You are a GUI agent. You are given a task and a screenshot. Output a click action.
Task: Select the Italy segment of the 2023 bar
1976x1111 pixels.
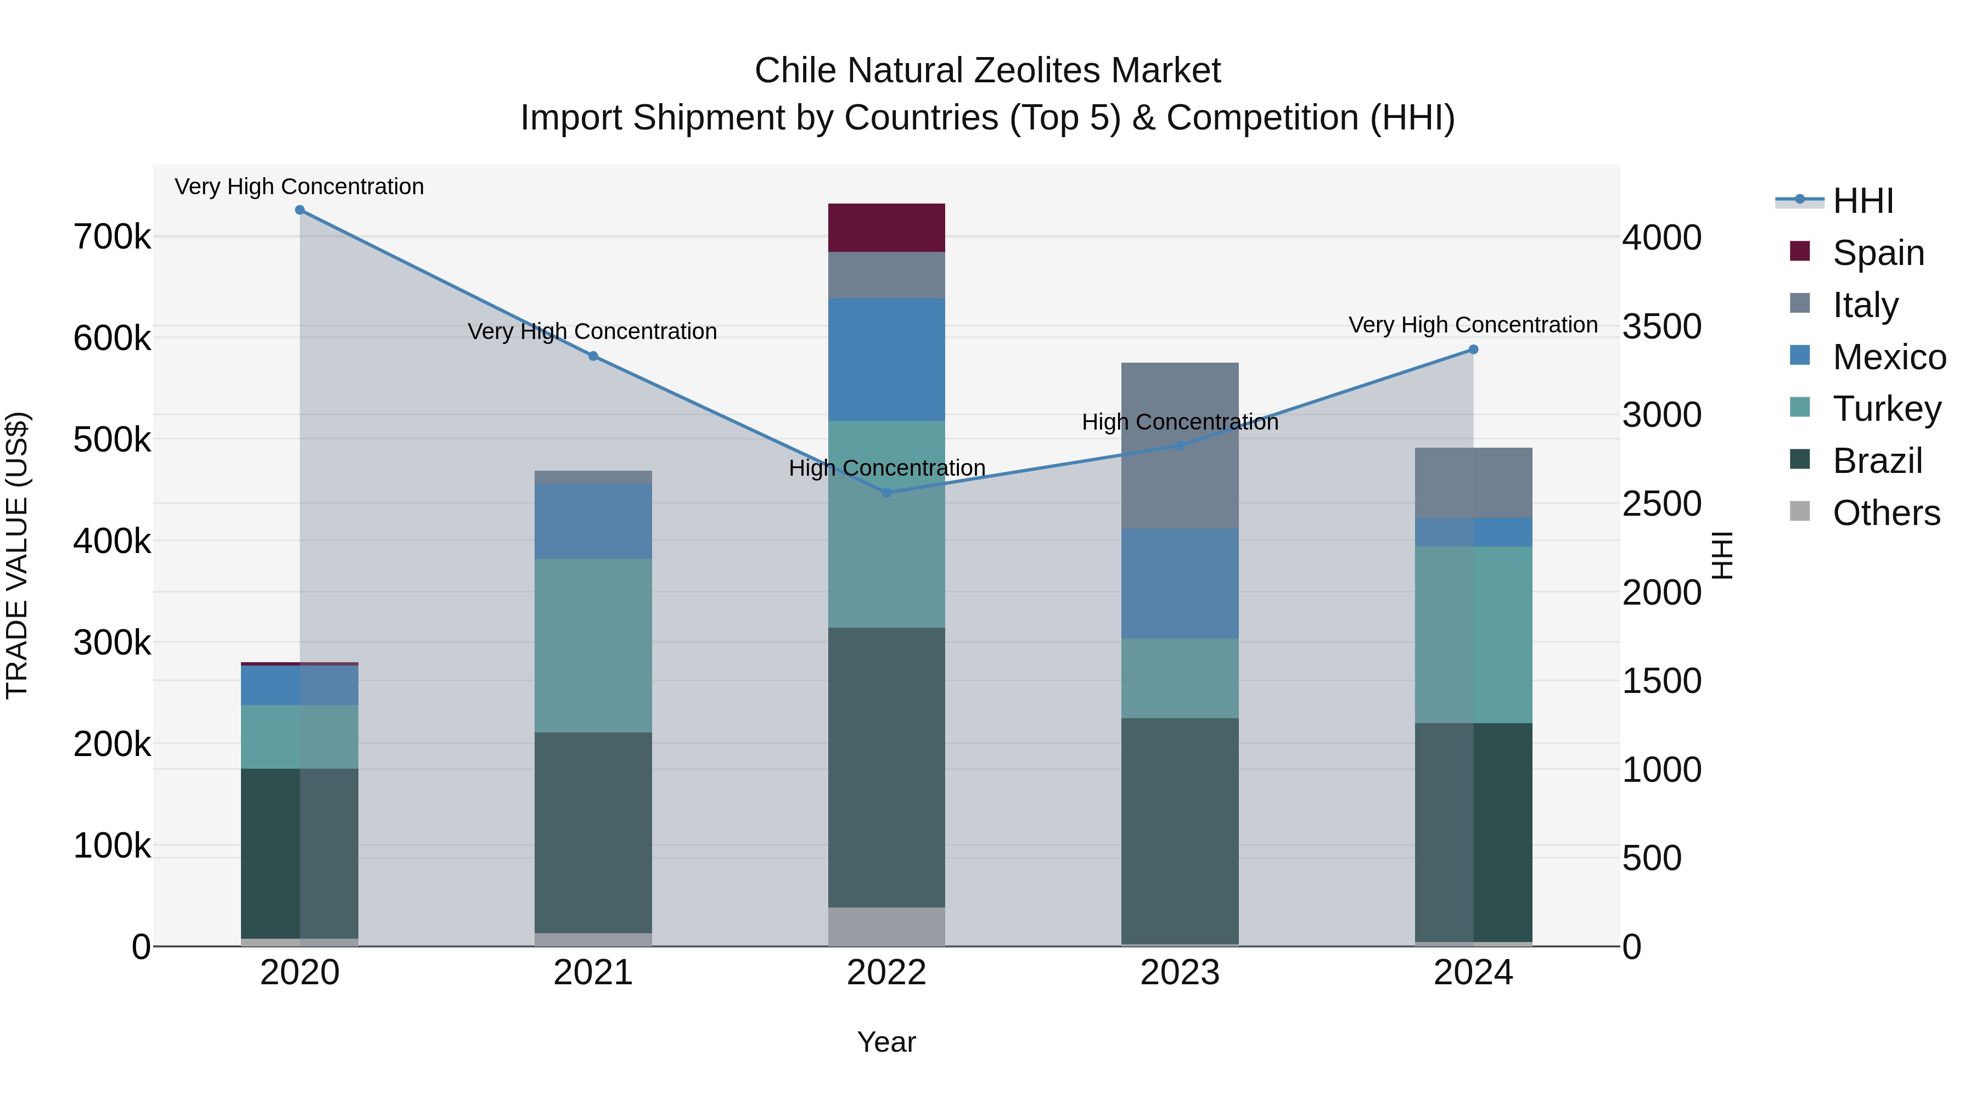[1180, 445]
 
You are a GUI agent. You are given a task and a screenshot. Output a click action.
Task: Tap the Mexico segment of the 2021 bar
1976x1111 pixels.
[593, 521]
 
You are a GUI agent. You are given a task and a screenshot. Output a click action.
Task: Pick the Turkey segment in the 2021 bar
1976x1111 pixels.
[593, 646]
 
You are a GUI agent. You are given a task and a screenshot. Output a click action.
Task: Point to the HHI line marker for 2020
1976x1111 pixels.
[300, 210]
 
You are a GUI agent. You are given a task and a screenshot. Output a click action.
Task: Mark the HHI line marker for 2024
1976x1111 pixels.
[1473, 349]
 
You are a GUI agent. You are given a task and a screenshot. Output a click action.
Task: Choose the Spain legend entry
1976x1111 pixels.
[1878, 253]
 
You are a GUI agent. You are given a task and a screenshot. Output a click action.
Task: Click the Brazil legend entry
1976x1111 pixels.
[1877, 461]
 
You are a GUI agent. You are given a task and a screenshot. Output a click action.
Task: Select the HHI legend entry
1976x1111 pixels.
[1862, 201]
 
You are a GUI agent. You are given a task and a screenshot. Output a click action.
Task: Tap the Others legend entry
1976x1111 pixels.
[1885, 513]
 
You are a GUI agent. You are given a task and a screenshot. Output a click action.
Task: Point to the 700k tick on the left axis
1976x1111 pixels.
[112, 238]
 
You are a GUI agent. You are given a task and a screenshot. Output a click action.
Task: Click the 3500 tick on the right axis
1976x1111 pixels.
[1661, 326]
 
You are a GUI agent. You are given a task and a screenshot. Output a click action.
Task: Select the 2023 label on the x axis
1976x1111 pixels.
[1180, 973]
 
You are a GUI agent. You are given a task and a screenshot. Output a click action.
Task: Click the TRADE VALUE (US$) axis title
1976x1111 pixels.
[17, 555]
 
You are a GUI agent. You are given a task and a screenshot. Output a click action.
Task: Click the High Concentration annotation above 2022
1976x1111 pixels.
[887, 467]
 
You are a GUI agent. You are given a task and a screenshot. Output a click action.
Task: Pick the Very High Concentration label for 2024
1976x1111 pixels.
[1473, 325]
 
